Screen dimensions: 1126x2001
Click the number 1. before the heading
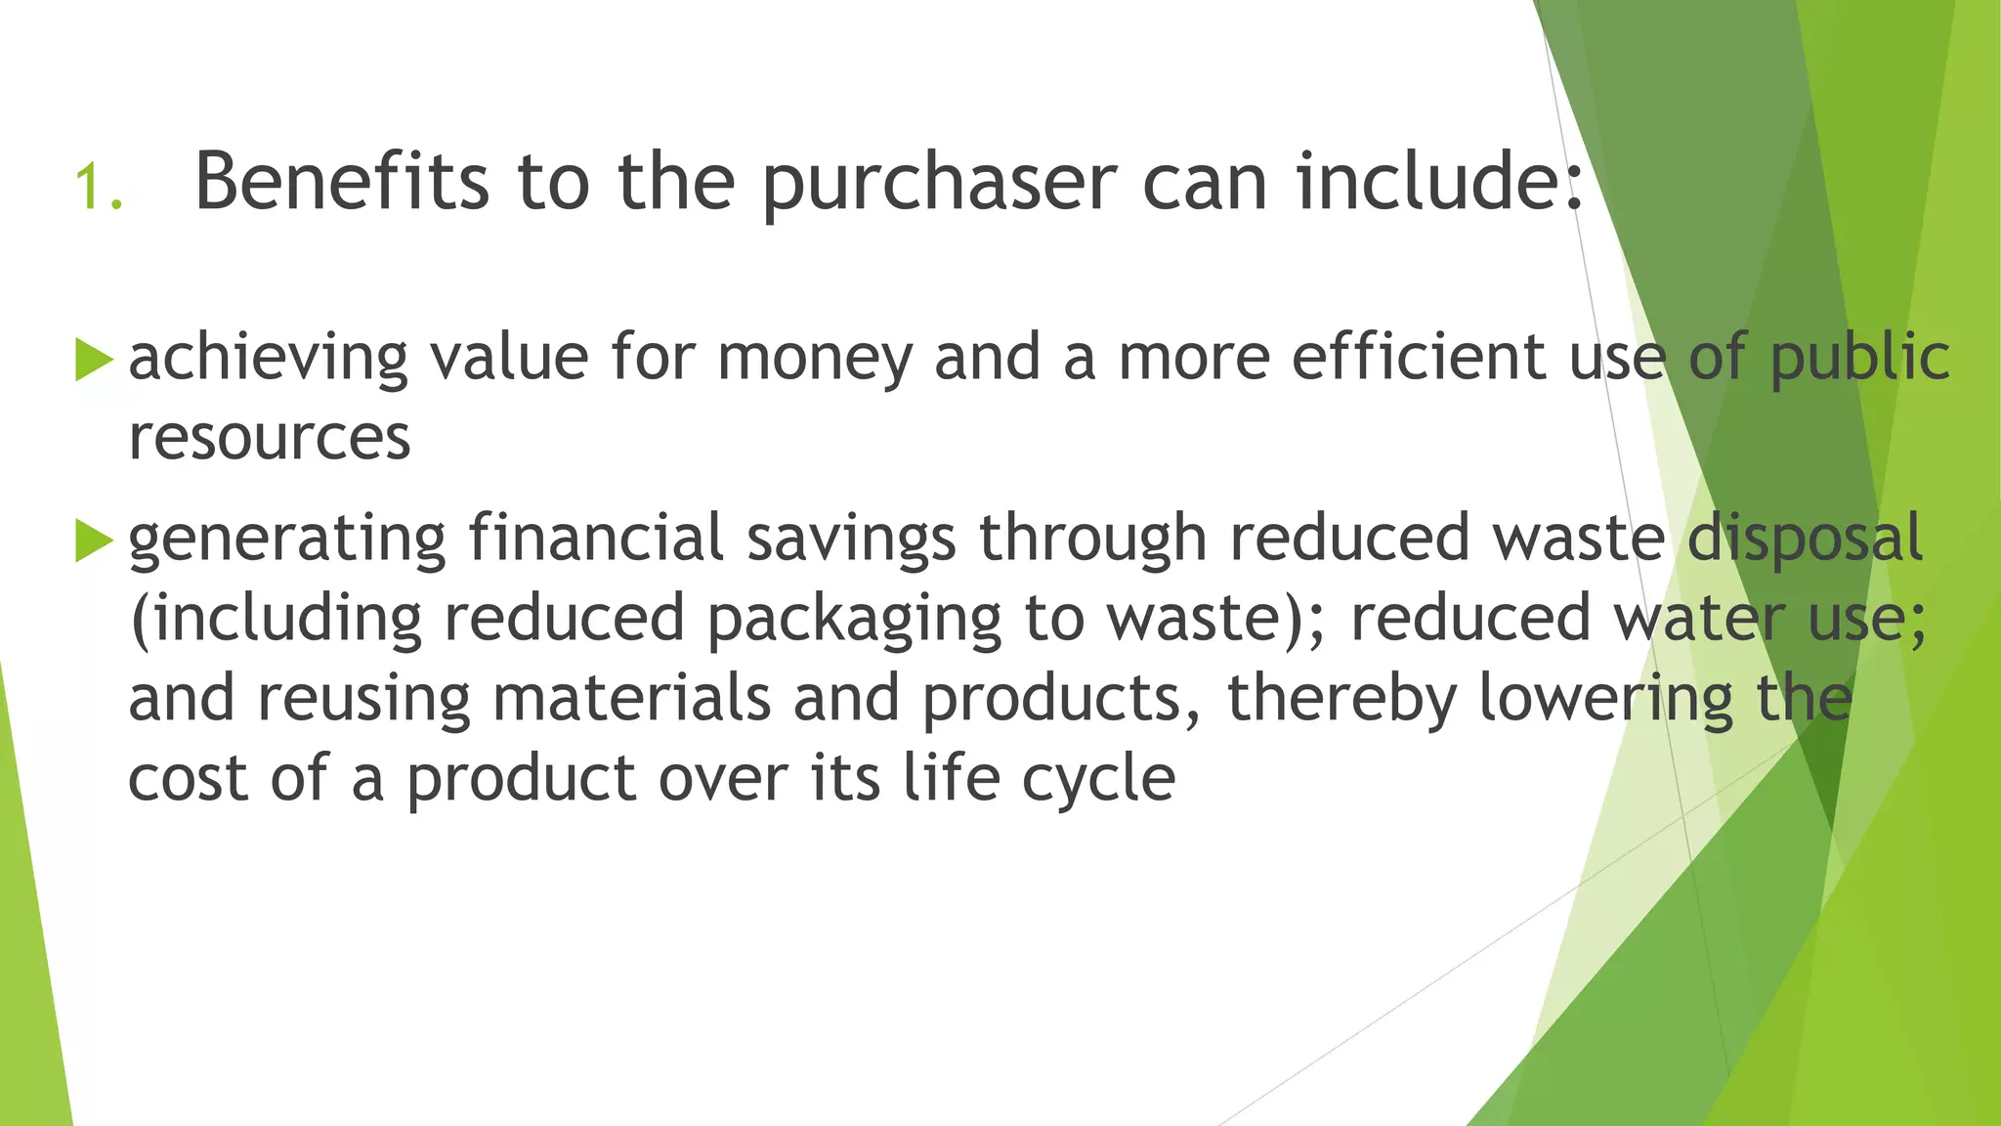pos(99,186)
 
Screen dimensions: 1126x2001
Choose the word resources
pos(270,438)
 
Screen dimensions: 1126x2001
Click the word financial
pos(596,538)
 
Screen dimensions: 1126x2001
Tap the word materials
pos(631,698)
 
